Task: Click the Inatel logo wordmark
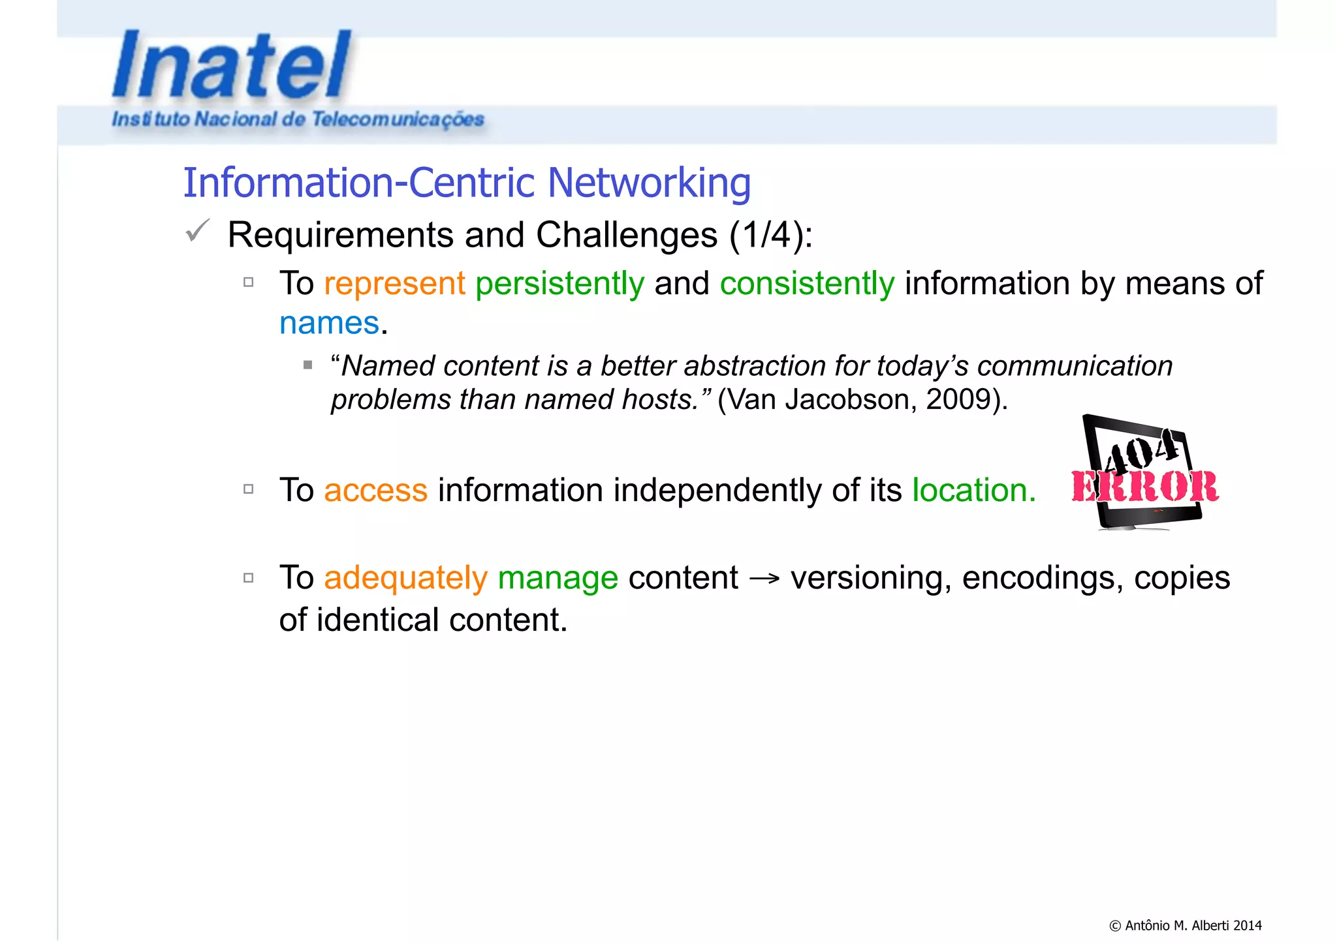click(232, 65)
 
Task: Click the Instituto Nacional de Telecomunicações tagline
click(298, 119)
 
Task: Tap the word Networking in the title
click(649, 183)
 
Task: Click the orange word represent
click(394, 284)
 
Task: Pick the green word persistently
click(559, 284)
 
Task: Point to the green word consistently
click(807, 284)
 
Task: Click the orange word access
click(375, 490)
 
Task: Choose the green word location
click(973, 490)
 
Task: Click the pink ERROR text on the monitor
click(1144, 487)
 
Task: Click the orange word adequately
click(405, 578)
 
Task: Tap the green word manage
click(558, 578)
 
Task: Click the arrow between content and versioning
click(764, 579)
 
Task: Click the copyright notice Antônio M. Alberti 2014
click(1185, 925)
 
